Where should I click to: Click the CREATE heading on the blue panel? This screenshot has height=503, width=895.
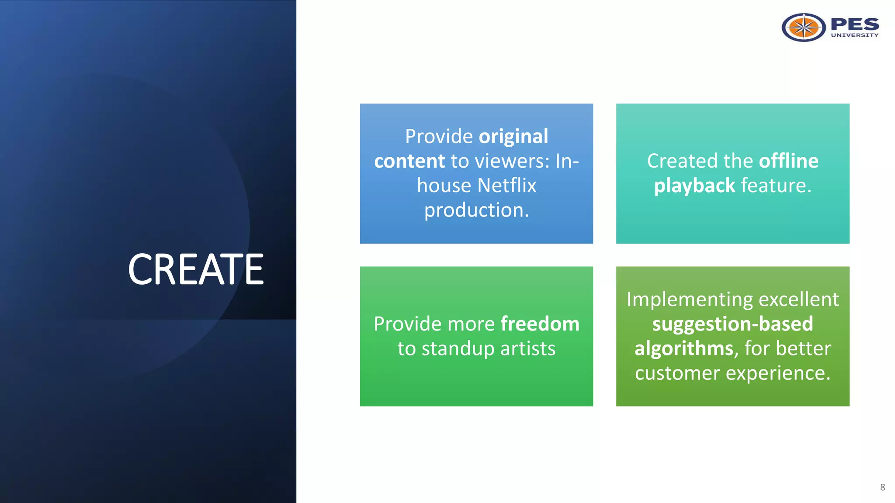(x=196, y=269)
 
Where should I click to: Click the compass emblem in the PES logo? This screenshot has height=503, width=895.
(x=803, y=28)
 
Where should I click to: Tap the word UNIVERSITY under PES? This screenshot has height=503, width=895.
(x=854, y=35)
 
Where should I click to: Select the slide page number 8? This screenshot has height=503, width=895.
(x=882, y=487)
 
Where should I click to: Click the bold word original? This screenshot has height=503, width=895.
(x=513, y=137)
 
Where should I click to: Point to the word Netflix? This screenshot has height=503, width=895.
(x=506, y=186)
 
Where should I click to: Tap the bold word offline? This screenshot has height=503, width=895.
(x=788, y=161)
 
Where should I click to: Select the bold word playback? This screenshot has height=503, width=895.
(x=694, y=186)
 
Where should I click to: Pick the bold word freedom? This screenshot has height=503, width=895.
(x=540, y=324)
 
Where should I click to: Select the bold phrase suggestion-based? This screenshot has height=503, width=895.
(x=732, y=324)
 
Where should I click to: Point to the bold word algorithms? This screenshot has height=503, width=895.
(x=683, y=349)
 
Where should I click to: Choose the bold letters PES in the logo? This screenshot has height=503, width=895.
(x=854, y=24)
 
